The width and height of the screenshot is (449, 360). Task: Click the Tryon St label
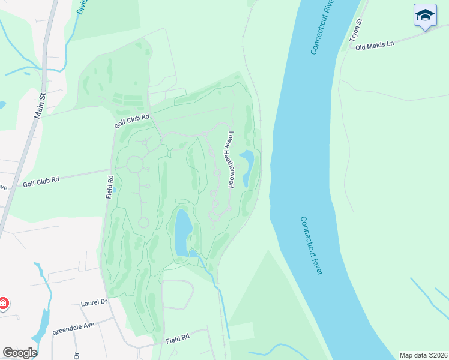point(357,31)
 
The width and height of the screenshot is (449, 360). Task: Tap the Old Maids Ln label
point(375,46)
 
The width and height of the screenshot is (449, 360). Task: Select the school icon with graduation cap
point(425,15)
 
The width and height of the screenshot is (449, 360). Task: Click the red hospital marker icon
point(4,304)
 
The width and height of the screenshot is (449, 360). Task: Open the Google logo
point(19,353)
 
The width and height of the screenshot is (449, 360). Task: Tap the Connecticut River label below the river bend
point(312,245)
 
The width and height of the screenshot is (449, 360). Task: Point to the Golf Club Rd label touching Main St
point(41,180)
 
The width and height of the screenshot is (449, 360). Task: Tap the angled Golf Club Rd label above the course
point(131,121)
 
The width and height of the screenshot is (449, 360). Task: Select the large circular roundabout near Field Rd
point(134,163)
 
